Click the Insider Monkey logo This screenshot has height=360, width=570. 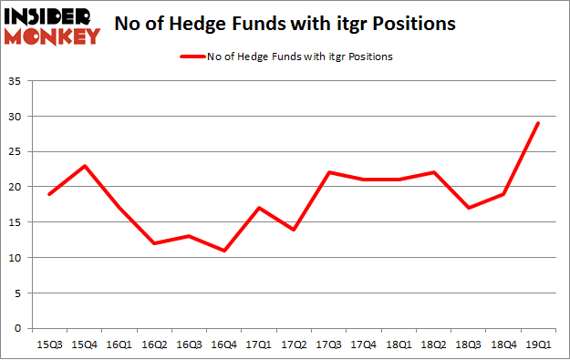(x=53, y=26)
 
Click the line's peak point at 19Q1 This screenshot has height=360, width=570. (x=537, y=123)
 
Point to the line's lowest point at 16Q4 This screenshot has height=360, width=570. (x=225, y=251)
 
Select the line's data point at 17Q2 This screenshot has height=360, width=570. (x=295, y=230)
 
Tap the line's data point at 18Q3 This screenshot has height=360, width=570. (x=468, y=208)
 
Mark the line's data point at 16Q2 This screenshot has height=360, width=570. (x=156, y=243)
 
